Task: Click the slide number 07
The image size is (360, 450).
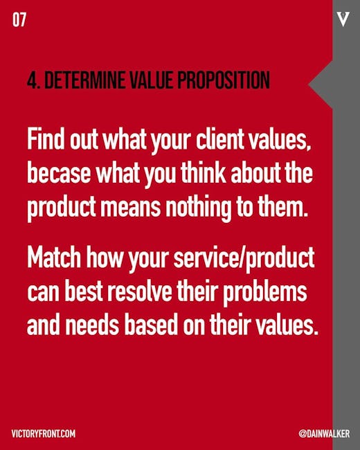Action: point(19,20)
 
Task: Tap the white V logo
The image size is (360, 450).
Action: point(343,19)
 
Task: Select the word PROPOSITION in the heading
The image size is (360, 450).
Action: point(224,80)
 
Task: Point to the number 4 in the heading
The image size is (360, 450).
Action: point(33,80)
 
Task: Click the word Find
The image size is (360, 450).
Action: point(46,139)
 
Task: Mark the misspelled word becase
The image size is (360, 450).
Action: point(59,173)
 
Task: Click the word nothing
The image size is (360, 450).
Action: point(199,206)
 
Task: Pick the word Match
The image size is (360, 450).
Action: point(54,257)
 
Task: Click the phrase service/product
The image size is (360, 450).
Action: point(244,258)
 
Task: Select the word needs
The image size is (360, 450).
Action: point(92,325)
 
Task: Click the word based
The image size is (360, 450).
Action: point(151,325)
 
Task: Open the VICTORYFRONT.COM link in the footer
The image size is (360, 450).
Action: point(44,433)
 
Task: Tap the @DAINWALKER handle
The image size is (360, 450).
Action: point(324,433)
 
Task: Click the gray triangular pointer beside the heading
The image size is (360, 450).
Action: point(321,84)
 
